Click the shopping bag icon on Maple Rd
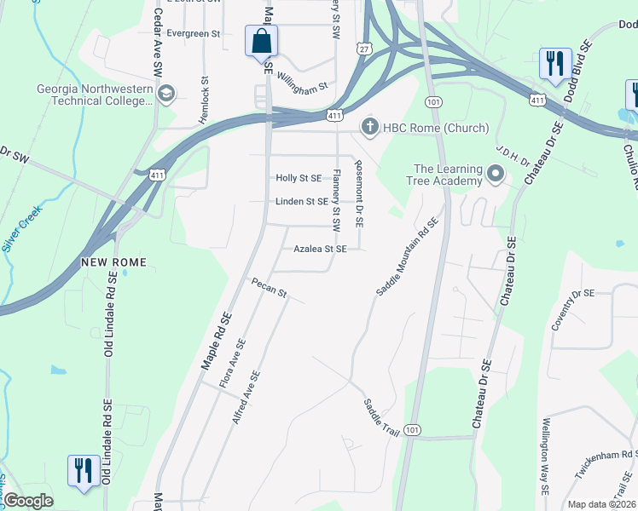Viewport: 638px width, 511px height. click(x=261, y=41)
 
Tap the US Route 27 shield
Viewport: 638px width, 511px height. click(x=365, y=51)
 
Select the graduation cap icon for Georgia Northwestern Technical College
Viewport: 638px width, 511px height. click(x=167, y=93)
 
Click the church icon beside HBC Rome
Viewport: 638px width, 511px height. click(x=369, y=128)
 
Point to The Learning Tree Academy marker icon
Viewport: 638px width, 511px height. click(x=496, y=175)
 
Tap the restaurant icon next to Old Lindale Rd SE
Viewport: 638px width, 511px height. click(x=83, y=470)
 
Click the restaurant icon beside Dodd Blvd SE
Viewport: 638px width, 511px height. click(x=554, y=62)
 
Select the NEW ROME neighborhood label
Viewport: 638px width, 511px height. click(x=114, y=262)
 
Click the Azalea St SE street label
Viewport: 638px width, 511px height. click(x=320, y=250)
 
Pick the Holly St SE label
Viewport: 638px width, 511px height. click(x=299, y=178)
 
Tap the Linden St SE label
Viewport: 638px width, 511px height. click(x=301, y=202)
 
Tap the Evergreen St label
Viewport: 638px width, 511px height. click(x=194, y=34)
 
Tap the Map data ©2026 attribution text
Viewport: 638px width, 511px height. click(x=601, y=504)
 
